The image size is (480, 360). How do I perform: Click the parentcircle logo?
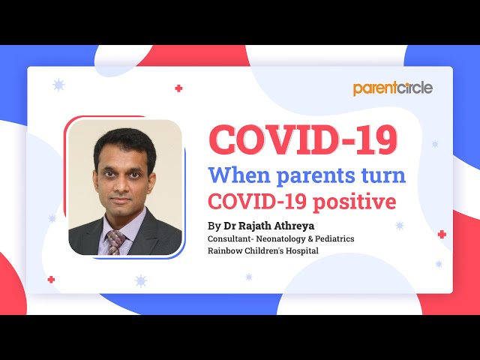pos(393,88)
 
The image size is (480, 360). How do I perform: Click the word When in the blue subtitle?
pos(243,176)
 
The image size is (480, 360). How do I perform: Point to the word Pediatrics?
pos(333,238)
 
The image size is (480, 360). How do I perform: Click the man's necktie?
pos(116,241)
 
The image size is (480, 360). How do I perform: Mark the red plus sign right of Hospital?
pos(442,235)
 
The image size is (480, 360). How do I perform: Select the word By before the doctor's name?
pos(214,225)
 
